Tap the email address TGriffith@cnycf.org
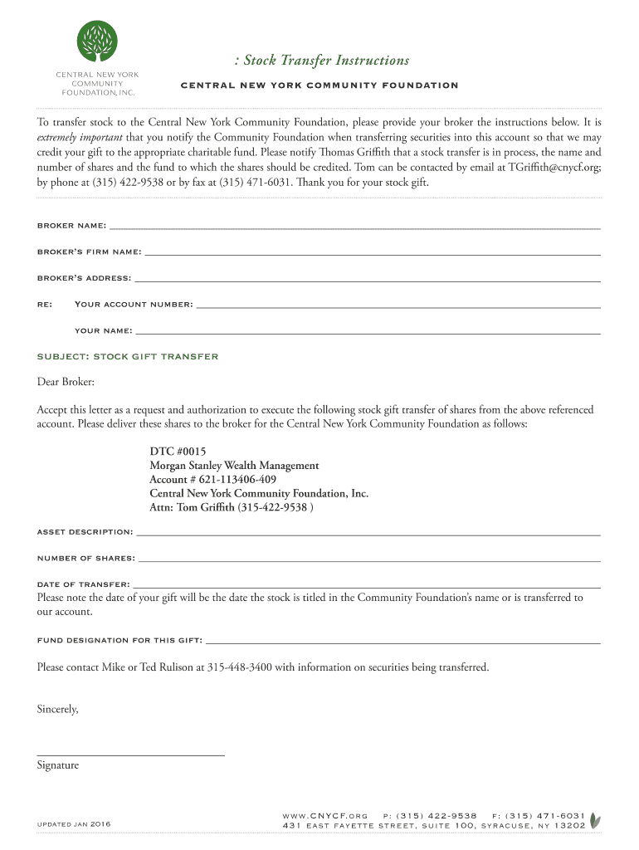coord(554,167)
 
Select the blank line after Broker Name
coord(354,227)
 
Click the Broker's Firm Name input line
coord(372,253)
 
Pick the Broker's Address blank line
coord(367,280)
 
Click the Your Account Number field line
coord(398,306)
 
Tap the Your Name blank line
coord(367,332)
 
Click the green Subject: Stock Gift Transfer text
coord(128,357)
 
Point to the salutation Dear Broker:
coord(66,383)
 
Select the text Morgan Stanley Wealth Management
coord(234,466)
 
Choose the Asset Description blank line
coord(368,533)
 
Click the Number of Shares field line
coord(368,559)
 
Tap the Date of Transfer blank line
coord(366,586)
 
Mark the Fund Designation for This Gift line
coord(402,642)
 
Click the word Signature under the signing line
coord(58,765)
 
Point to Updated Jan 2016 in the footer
coord(75,824)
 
